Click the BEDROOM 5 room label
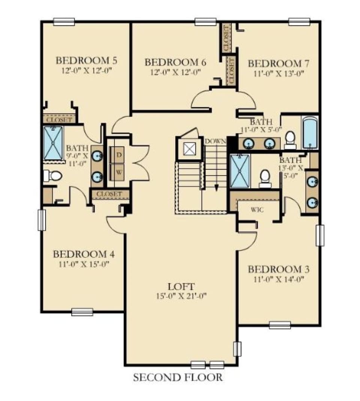coord(86,60)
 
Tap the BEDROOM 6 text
coord(175,62)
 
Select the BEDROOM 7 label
coord(275,63)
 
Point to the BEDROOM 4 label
coord(84,254)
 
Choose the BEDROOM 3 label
coord(275,269)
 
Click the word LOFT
coord(181,287)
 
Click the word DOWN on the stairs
coord(215,141)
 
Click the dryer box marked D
coord(118,155)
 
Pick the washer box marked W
coord(118,173)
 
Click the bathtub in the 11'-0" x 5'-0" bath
coord(310,133)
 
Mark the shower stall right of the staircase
coord(240,171)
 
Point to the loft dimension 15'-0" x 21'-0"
coord(181,296)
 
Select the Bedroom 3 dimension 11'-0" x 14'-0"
coord(275,279)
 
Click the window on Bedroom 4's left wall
coord(42,220)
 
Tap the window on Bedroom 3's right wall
coord(319,235)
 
